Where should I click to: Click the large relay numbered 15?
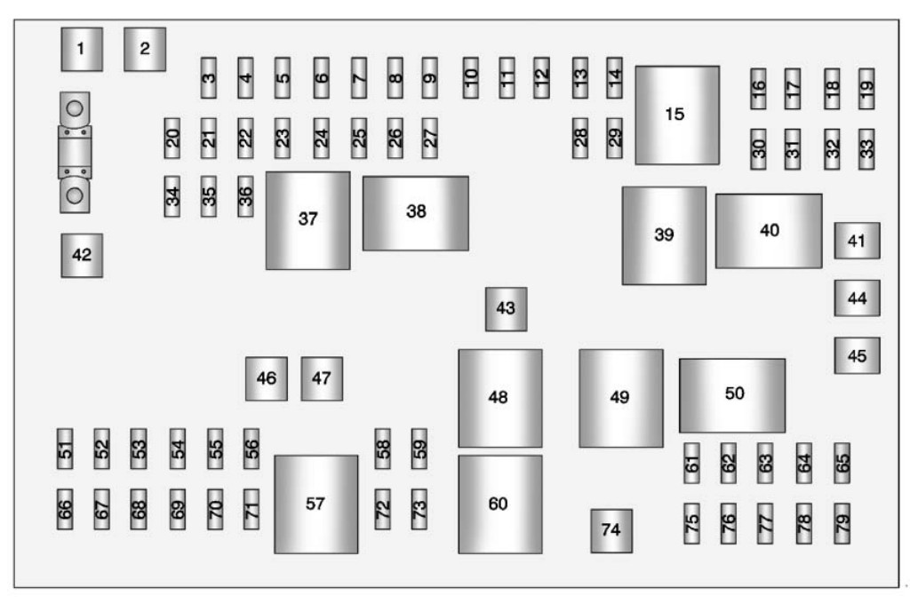[x=676, y=115]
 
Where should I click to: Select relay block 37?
[x=307, y=219]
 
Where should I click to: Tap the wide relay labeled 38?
[x=415, y=212]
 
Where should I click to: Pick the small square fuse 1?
[x=81, y=49]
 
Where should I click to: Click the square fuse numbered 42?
[x=81, y=255]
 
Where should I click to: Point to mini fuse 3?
[x=209, y=77]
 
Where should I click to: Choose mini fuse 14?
[x=614, y=77]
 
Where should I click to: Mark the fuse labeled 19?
[x=866, y=88]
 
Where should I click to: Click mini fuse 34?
[x=172, y=196]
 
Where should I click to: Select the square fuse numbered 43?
[x=506, y=308]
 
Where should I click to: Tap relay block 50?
[x=732, y=394]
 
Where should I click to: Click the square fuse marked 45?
[x=857, y=355]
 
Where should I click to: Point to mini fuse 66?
[x=65, y=509]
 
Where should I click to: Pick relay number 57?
[x=315, y=504]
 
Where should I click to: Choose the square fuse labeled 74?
[x=611, y=530]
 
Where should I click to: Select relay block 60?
[x=499, y=504]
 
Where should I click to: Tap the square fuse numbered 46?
[x=266, y=378]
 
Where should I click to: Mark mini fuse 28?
[x=580, y=138]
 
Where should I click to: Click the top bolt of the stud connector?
[x=76, y=109]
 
